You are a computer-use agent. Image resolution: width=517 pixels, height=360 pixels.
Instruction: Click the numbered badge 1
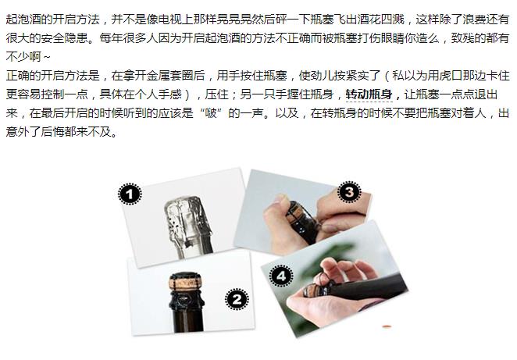pos(130,194)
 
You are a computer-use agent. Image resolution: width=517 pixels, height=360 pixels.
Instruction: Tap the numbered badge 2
pos(237,299)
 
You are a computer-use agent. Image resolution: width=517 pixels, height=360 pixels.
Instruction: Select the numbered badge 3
pos(349,192)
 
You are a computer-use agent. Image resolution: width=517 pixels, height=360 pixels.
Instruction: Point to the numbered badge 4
pos(281,276)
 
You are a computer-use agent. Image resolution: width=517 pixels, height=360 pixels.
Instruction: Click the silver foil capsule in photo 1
pos(188,226)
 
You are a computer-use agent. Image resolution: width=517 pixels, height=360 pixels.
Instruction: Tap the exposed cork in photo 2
pos(186,283)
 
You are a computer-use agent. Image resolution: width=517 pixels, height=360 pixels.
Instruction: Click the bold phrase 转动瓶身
pos(369,94)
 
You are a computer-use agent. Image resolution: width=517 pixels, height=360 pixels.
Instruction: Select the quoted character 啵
pos(211,113)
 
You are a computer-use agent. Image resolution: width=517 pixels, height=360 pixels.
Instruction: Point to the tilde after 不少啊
pos(47,57)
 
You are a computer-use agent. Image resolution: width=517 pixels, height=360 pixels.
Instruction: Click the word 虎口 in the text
pos(451,76)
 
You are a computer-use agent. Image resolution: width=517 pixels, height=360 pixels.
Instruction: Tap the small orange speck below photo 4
pos(387,326)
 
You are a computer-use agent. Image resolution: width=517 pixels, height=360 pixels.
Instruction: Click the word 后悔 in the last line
pos(52,132)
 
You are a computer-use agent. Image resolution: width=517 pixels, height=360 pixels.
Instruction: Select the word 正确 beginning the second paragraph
pos(18,76)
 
